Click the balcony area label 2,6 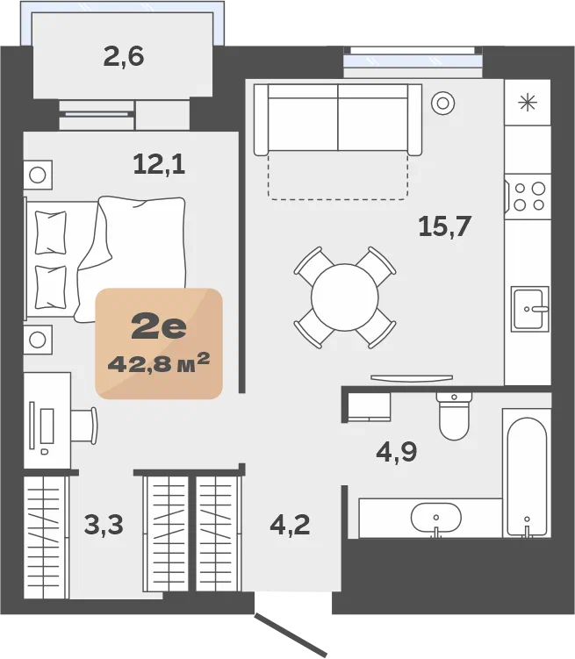124,57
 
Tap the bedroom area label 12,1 159,164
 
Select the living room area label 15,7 445,226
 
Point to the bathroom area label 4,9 397,452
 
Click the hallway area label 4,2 290,525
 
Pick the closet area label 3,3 104,525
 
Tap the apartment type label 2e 159,326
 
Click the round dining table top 345,297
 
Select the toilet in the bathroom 454,415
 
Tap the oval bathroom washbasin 436,518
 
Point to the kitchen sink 530,309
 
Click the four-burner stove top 528,197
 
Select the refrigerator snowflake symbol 528,103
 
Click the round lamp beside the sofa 442,103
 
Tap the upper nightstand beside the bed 38,175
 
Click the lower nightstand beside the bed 38,340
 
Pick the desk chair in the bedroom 84,426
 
